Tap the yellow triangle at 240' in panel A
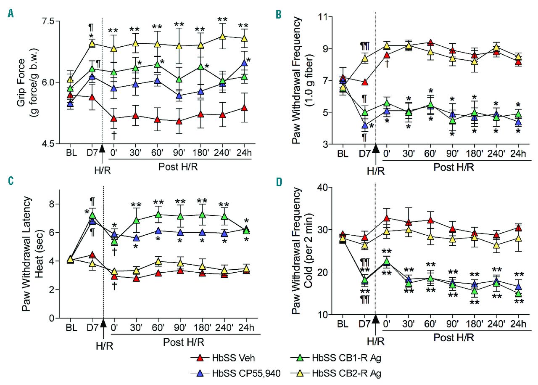coord(222,37)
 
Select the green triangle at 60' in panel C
coord(158,215)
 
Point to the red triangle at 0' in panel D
coord(387,218)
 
